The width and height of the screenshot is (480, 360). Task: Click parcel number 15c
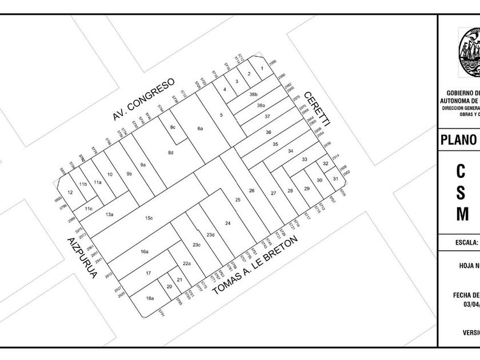(x=149, y=218)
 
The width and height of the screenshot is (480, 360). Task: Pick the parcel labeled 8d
(x=170, y=153)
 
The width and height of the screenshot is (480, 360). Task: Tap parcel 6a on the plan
(x=200, y=129)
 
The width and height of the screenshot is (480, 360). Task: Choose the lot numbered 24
(x=227, y=223)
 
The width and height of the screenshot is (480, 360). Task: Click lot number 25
(x=238, y=199)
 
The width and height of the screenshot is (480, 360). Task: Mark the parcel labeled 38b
(x=254, y=94)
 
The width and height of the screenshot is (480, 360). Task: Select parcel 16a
(x=145, y=251)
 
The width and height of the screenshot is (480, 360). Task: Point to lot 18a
(x=150, y=298)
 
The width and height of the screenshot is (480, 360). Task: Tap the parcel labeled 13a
(x=109, y=215)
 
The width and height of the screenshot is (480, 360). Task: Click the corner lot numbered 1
(x=261, y=69)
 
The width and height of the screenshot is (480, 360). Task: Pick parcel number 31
(x=335, y=179)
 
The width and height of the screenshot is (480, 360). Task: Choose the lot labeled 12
(x=70, y=193)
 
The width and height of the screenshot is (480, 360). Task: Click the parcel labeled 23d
(x=210, y=235)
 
